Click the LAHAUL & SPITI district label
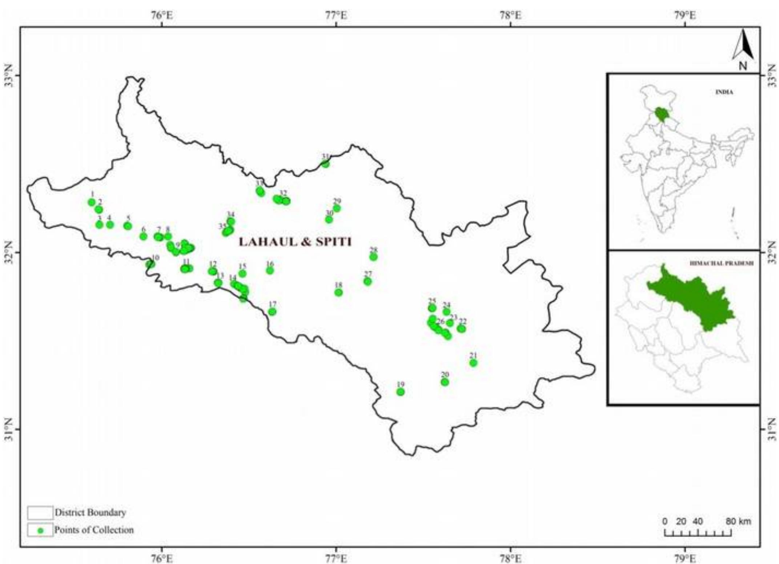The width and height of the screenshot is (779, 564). pyautogui.click(x=295, y=242)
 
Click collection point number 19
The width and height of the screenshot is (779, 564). pyautogui.click(x=400, y=392)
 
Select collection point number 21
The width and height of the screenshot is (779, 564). pyautogui.click(x=473, y=363)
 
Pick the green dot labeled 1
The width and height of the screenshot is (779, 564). pyautogui.click(x=92, y=202)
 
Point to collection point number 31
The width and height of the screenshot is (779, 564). pyautogui.click(x=325, y=164)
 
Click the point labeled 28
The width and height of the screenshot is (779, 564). pyautogui.click(x=373, y=257)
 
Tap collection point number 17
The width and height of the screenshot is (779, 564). pyautogui.click(x=272, y=312)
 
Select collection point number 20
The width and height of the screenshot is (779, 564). pyautogui.click(x=445, y=382)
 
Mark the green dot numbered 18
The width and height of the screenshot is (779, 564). pyautogui.click(x=338, y=292)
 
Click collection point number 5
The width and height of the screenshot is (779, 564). pyautogui.click(x=128, y=226)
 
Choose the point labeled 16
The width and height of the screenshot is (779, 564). pyautogui.click(x=270, y=270)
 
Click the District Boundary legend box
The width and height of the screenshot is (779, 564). pyautogui.click(x=40, y=512)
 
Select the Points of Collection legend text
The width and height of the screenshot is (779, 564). pyautogui.click(x=94, y=530)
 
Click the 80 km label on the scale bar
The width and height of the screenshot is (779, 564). pyautogui.click(x=738, y=521)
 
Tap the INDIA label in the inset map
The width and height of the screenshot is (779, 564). pyautogui.click(x=724, y=92)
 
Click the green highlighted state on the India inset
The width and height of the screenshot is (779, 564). pyautogui.click(x=662, y=115)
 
